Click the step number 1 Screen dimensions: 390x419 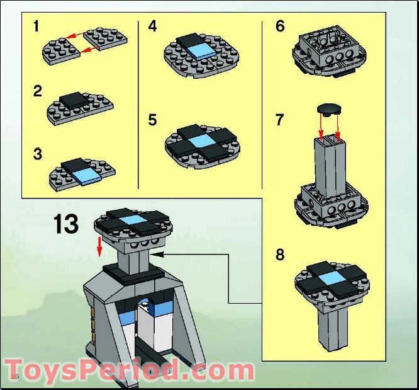click(x=37, y=26)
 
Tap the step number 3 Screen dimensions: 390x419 click(x=38, y=154)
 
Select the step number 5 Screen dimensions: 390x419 click(x=153, y=120)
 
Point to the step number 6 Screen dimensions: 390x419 click(x=281, y=26)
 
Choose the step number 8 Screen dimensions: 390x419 click(x=281, y=255)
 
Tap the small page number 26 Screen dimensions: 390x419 click(x=15, y=377)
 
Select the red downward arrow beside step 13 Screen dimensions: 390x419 click(x=99, y=248)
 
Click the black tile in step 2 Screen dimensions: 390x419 click(x=74, y=100)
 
